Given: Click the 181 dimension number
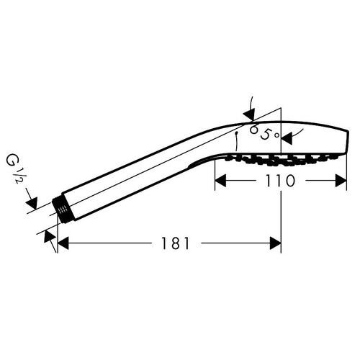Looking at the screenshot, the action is point(175,243).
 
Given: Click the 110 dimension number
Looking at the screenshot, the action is point(280,181).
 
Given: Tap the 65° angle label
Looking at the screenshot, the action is point(264,132).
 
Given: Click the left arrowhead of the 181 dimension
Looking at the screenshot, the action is point(63,243).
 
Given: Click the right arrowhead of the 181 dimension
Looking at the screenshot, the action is point(276,243).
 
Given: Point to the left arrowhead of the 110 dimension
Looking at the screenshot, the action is point(220,181).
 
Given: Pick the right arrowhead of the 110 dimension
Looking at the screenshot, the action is point(341,181).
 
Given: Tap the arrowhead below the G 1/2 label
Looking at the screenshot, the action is point(32,203).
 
